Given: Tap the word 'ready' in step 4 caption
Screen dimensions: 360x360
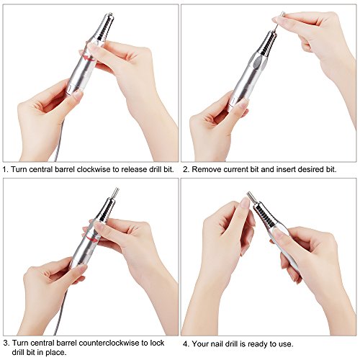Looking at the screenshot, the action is tap(258, 344).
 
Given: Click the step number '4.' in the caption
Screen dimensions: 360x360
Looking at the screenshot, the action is tap(186, 344).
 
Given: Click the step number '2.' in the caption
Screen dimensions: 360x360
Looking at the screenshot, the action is tap(186, 170).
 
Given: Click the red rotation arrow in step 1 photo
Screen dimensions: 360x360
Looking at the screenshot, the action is tap(87, 58).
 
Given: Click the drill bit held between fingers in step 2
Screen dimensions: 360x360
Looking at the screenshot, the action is tap(279, 20).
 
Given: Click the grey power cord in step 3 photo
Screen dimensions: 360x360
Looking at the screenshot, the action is tap(60, 312).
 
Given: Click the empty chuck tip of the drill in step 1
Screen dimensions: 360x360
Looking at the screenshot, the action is tap(110, 14).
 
